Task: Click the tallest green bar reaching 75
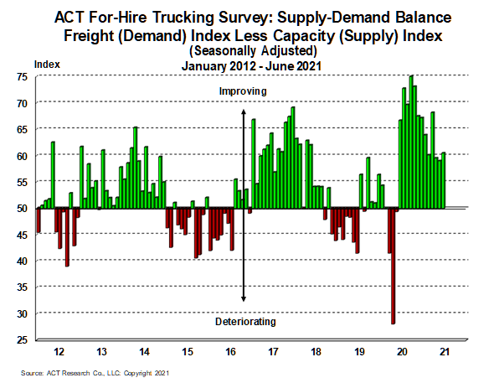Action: coord(411,142)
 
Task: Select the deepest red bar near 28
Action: coord(394,266)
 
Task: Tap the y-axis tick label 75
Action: coord(22,77)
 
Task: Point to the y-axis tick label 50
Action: coord(22,209)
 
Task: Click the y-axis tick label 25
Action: coord(22,339)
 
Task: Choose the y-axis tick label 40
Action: coord(22,261)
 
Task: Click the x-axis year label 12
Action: coord(59,351)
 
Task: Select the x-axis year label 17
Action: coord(273,351)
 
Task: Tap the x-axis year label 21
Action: coord(445,351)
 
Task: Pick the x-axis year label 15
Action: coord(188,351)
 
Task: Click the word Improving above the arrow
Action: coord(243,91)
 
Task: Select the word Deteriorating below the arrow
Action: coord(245,322)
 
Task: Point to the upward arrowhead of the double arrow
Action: coord(243,111)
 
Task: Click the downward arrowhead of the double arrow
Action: coord(243,299)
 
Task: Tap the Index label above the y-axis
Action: coord(47,65)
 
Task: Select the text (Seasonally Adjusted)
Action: coord(253,51)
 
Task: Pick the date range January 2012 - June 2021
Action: coord(251,66)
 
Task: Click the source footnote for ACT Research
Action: coord(95,373)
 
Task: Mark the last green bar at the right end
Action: coord(443,181)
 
